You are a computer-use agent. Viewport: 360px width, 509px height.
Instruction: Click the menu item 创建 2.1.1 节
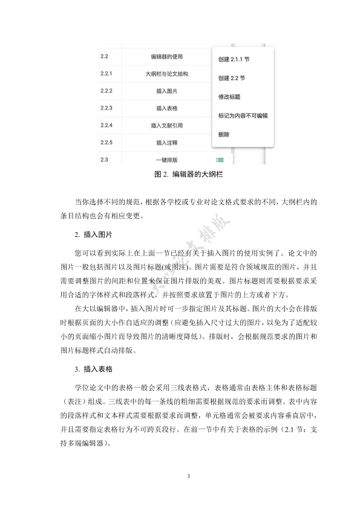click(x=234, y=60)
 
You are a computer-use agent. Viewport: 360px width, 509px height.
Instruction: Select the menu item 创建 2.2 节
click(x=231, y=79)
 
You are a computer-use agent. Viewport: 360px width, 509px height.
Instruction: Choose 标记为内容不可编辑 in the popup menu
click(x=242, y=115)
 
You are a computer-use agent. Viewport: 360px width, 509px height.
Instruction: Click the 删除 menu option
click(x=223, y=134)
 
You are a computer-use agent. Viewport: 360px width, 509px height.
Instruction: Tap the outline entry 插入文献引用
click(x=166, y=126)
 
